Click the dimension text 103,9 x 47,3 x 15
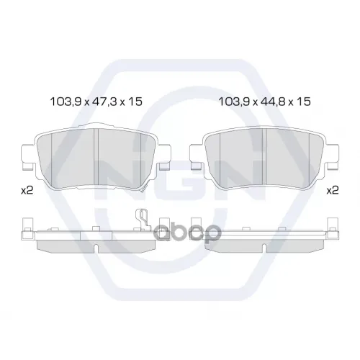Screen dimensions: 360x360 (x=96, y=102)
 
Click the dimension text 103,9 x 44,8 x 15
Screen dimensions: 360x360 (x=264, y=102)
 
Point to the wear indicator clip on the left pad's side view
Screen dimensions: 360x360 (x=143, y=219)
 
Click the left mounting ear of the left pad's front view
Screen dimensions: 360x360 (x=29, y=157)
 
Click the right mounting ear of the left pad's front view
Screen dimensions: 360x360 (x=164, y=157)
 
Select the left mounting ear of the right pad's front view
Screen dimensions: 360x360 (x=197, y=157)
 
